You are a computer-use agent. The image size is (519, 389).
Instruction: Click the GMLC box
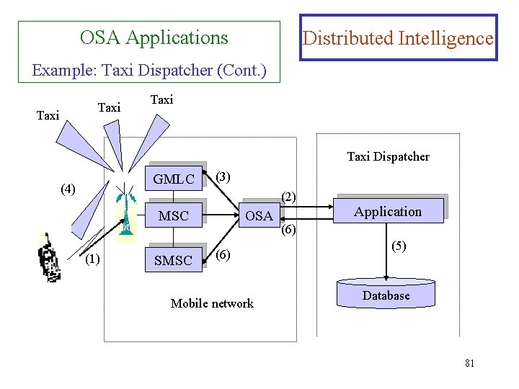(x=174, y=179)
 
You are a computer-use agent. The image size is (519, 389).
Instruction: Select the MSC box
(x=174, y=215)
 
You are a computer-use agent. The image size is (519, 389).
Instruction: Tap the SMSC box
(x=174, y=261)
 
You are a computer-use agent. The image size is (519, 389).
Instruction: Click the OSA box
(x=259, y=215)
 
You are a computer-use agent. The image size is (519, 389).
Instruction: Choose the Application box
(x=388, y=212)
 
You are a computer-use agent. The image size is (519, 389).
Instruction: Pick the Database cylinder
(x=386, y=295)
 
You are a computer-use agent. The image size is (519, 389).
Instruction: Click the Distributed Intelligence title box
(x=398, y=38)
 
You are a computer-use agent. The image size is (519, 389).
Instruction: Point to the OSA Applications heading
(x=154, y=37)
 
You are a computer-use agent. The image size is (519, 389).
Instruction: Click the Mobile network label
(x=212, y=303)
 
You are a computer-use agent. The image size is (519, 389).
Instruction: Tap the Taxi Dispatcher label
(x=388, y=156)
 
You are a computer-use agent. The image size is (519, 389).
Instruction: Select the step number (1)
(x=92, y=259)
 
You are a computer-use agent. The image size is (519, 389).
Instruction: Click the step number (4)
(x=68, y=189)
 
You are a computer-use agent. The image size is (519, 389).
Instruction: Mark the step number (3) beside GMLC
(x=223, y=176)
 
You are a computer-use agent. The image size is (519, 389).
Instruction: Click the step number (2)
(x=288, y=196)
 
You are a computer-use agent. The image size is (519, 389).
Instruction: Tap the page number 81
(x=469, y=363)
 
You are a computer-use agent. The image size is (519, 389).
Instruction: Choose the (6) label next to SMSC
(x=223, y=256)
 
